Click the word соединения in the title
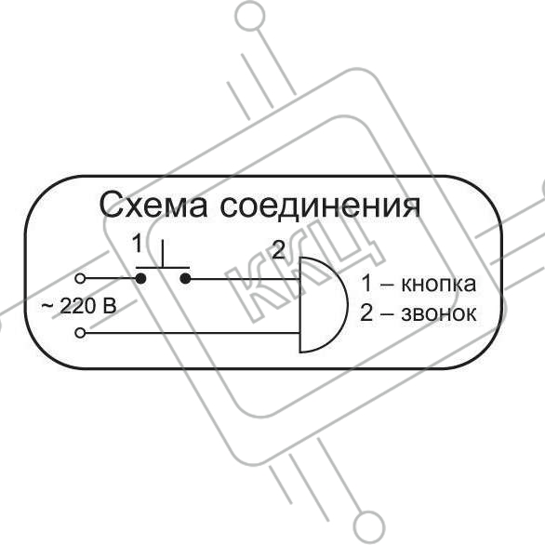pyautogui.click(x=320, y=206)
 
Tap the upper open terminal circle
pyautogui.click(x=80, y=278)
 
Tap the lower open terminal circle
pyautogui.click(x=80, y=333)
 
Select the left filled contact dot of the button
pyautogui.click(x=140, y=278)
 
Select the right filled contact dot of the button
pyautogui.click(x=186, y=278)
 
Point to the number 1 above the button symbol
pyautogui.click(x=139, y=244)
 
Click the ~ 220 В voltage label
pyautogui.click(x=79, y=306)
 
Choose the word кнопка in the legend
pyautogui.click(x=439, y=285)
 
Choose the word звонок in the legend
pyautogui.click(x=439, y=313)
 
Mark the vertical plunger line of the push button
pyautogui.click(x=163, y=253)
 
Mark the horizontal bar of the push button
pyautogui.click(x=163, y=268)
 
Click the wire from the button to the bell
pyautogui.click(x=245, y=279)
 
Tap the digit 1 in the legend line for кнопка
pyautogui.click(x=366, y=284)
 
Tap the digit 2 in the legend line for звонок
pyautogui.click(x=366, y=312)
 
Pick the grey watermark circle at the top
pyautogui.click(x=250, y=17)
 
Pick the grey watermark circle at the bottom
pyautogui.click(x=369, y=527)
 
